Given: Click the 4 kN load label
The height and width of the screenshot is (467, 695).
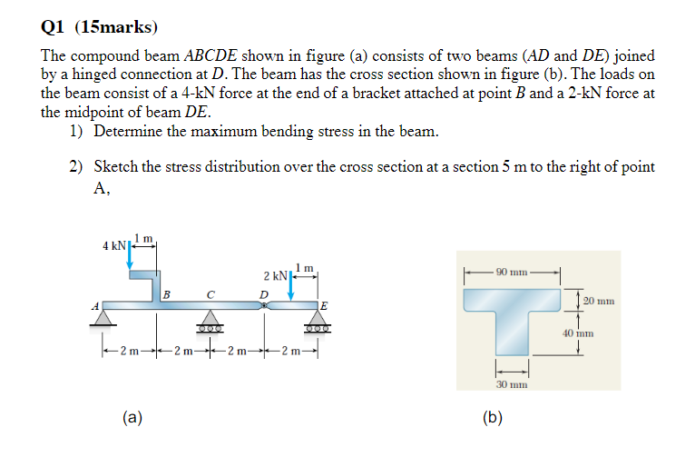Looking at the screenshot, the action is click(113, 245).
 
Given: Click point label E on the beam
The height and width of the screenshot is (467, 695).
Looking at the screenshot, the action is click(323, 304).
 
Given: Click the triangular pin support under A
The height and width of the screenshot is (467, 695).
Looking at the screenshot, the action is click(105, 317).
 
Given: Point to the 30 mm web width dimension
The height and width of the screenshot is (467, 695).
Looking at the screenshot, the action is click(512, 384).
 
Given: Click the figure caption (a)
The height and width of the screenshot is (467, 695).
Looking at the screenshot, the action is click(132, 417).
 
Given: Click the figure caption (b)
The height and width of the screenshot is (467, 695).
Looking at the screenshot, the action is click(494, 417).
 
